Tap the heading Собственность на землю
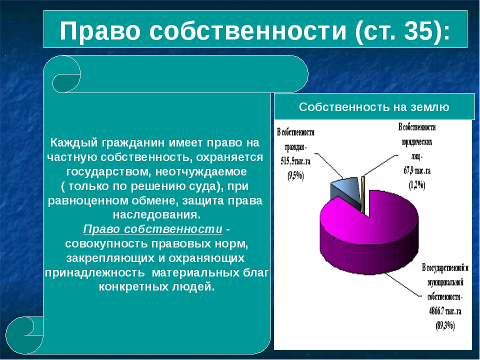(x=374, y=107)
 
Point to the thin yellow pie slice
(x=363, y=194)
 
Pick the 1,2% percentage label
(x=417, y=185)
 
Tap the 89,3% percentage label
(x=445, y=325)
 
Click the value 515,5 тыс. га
(x=295, y=161)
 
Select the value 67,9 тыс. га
(x=417, y=170)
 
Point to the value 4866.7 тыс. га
(x=445, y=311)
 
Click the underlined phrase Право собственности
(x=153, y=229)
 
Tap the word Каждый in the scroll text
(x=74, y=142)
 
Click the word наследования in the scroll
(x=156, y=214)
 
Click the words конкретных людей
(x=156, y=286)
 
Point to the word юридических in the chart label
(x=417, y=142)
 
